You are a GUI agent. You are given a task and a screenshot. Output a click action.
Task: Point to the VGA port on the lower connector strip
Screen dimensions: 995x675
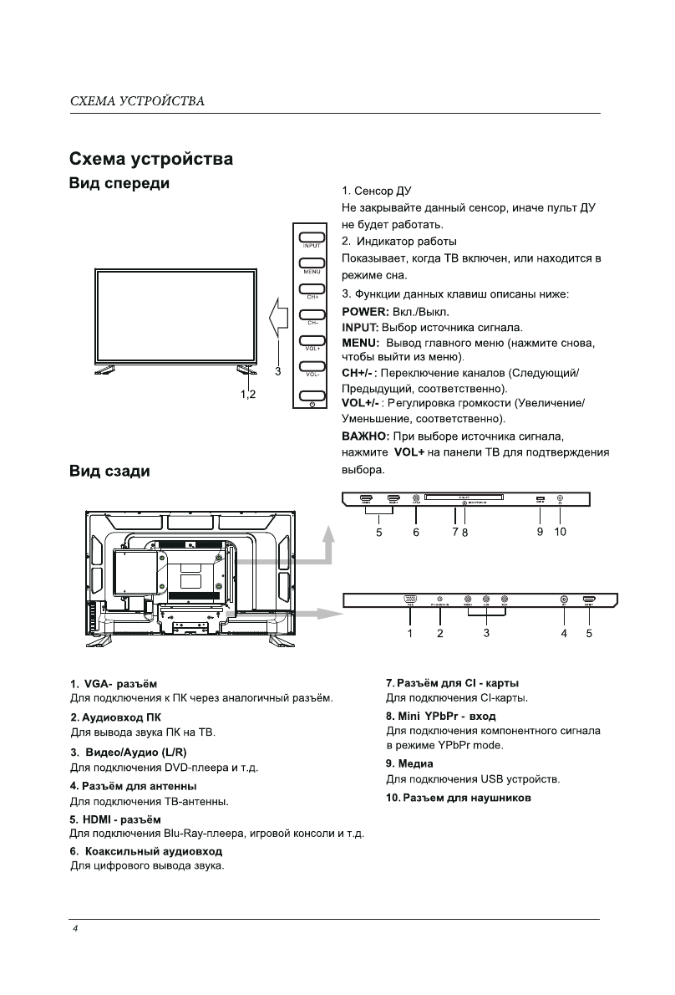coord(410,599)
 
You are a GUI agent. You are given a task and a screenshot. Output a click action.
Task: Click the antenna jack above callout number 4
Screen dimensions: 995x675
coord(565,600)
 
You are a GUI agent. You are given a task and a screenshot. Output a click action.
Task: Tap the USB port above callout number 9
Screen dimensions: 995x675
coord(541,500)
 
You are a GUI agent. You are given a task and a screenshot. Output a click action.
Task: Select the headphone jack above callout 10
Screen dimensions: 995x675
coord(560,499)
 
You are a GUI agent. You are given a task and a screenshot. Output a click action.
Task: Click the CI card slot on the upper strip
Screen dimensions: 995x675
coord(464,499)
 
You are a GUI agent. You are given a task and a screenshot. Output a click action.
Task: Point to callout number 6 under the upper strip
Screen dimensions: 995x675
coord(416,531)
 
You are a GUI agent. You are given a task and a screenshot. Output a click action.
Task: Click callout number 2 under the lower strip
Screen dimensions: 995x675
coord(439,633)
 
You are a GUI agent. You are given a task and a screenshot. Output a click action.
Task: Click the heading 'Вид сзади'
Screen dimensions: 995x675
coord(109,472)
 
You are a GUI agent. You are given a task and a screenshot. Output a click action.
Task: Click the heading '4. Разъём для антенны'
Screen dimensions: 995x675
coord(134,786)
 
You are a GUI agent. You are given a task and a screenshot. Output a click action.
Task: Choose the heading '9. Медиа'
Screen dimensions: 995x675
coord(409,763)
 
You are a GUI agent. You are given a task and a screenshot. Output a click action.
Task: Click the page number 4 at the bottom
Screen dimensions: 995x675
coord(74,930)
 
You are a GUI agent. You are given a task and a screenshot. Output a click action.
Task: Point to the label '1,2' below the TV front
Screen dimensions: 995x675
coord(248,393)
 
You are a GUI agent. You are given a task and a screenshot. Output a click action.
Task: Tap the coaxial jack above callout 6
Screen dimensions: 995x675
coord(416,499)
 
